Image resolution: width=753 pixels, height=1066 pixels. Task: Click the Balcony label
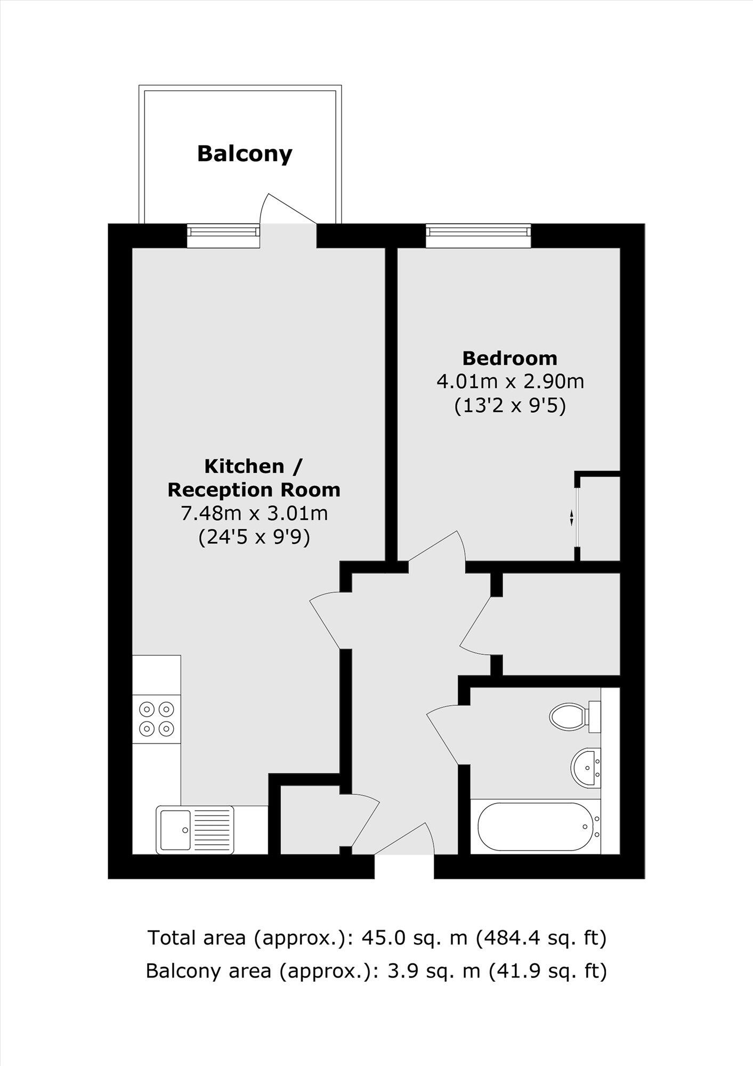point(245,154)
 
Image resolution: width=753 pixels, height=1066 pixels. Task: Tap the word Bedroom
point(509,358)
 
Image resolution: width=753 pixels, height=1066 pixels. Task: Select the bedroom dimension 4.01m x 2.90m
point(510,382)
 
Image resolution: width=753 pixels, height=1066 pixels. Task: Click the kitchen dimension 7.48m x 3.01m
point(254,513)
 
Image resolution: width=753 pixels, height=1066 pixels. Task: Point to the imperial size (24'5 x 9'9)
point(254,537)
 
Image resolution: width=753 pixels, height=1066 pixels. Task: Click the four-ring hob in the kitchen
point(157,718)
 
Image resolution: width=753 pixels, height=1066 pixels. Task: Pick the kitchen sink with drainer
point(195,830)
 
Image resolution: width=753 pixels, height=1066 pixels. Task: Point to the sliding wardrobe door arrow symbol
point(571,517)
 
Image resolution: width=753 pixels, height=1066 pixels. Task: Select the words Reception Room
point(254,490)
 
